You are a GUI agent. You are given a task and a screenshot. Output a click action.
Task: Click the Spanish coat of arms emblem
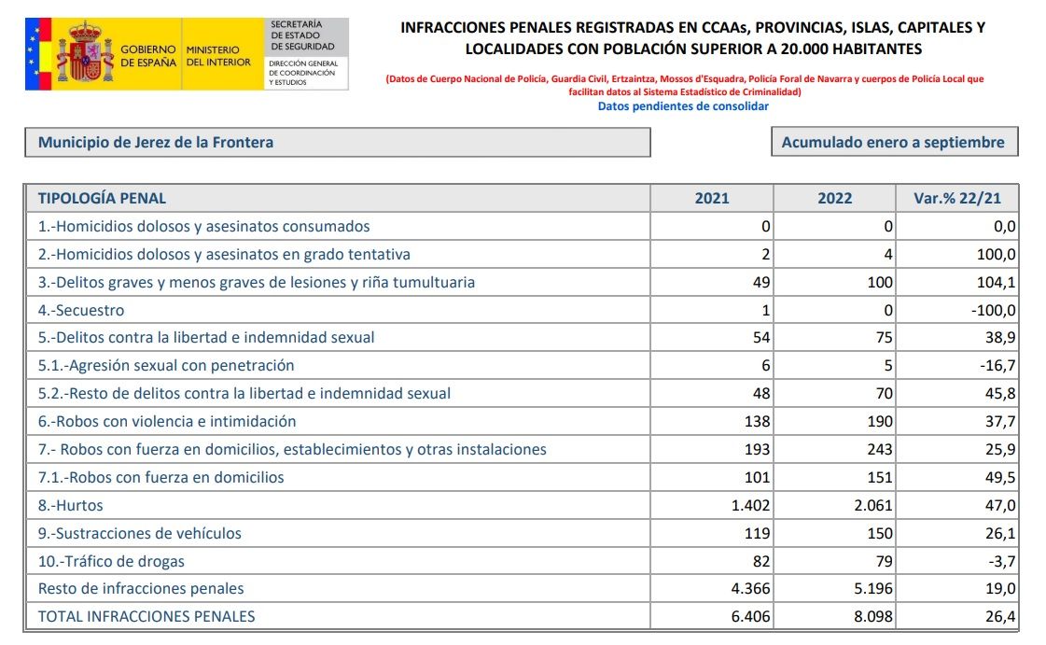[87, 55]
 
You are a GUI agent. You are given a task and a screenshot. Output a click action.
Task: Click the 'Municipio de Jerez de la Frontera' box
[337, 143]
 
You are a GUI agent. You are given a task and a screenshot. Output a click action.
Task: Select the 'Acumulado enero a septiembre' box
[893, 143]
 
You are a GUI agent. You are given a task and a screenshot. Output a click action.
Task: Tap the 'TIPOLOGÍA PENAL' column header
[103, 198]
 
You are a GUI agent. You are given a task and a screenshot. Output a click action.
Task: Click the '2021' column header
[712, 198]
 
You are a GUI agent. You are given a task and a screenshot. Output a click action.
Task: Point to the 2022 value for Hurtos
[870, 505]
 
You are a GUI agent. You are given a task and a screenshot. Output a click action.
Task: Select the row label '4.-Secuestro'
[81, 310]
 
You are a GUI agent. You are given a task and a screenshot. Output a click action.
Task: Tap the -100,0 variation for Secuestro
[992, 310]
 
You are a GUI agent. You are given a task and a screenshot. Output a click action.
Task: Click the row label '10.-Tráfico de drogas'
[111, 561]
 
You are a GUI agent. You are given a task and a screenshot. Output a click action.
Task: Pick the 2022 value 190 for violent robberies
[879, 421]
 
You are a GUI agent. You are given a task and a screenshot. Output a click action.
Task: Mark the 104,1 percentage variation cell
[997, 282]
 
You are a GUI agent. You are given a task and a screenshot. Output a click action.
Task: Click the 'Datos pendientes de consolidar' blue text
[683, 106]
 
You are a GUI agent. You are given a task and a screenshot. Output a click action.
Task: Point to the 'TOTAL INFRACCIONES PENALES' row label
[146, 616]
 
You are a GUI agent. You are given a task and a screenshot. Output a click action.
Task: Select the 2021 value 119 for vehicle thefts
[757, 533]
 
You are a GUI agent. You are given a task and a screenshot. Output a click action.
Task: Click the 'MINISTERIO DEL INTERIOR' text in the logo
[218, 56]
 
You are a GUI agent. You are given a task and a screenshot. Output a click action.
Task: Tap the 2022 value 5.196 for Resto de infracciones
[870, 588]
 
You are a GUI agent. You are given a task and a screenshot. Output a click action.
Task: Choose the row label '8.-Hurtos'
[71, 505]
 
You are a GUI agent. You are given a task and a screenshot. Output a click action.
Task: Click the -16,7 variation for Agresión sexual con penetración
[997, 365]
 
